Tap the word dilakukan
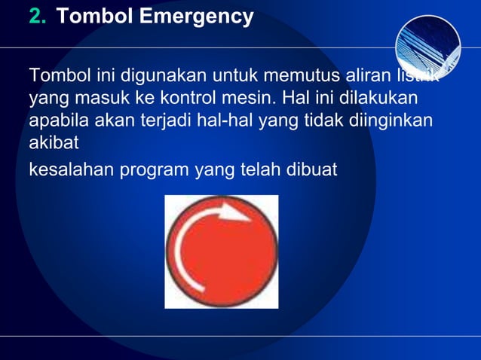click(x=378, y=99)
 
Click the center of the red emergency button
click(x=221, y=252)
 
